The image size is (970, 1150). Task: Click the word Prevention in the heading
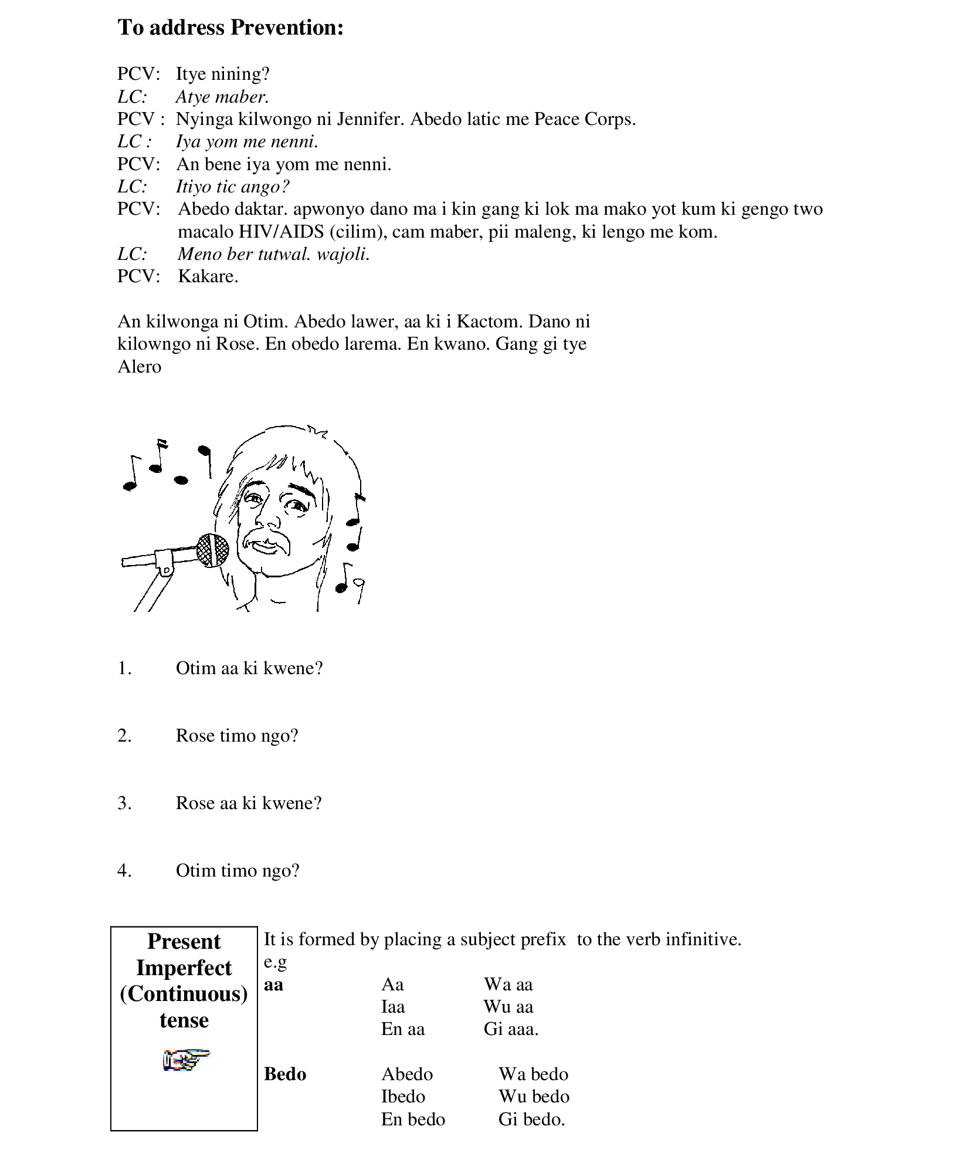286,28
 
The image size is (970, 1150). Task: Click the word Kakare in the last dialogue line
208,276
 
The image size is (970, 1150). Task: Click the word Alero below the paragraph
140,367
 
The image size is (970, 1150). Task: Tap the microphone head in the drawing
212,550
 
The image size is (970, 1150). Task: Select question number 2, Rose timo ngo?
237,736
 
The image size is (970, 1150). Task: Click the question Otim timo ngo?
238,870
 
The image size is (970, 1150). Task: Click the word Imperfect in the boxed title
184,968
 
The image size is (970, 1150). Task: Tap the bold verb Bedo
285,1074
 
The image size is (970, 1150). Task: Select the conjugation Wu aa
508,1007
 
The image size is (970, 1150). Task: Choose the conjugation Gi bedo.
531,1119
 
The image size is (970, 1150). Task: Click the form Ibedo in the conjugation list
403,1097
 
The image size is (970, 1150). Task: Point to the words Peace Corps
584,119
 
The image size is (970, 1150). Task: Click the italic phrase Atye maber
222,97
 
